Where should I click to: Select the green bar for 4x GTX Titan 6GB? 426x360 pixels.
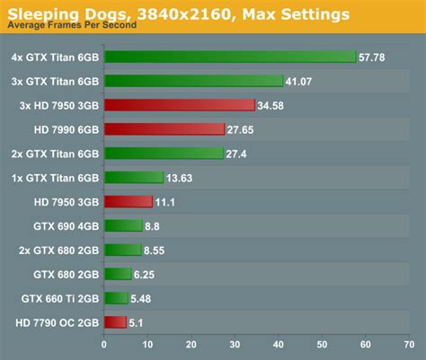230,57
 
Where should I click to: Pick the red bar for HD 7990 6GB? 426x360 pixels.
164,129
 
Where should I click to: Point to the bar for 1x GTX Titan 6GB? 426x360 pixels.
134,177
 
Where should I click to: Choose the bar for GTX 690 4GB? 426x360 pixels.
123,225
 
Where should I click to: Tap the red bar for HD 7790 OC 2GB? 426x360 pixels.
115,322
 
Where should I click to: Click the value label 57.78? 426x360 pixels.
372,57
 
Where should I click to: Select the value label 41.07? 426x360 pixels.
299,81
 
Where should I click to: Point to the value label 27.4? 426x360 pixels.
236,154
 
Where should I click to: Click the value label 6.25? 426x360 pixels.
146,274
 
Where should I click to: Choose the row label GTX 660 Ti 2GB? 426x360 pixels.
59,298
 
